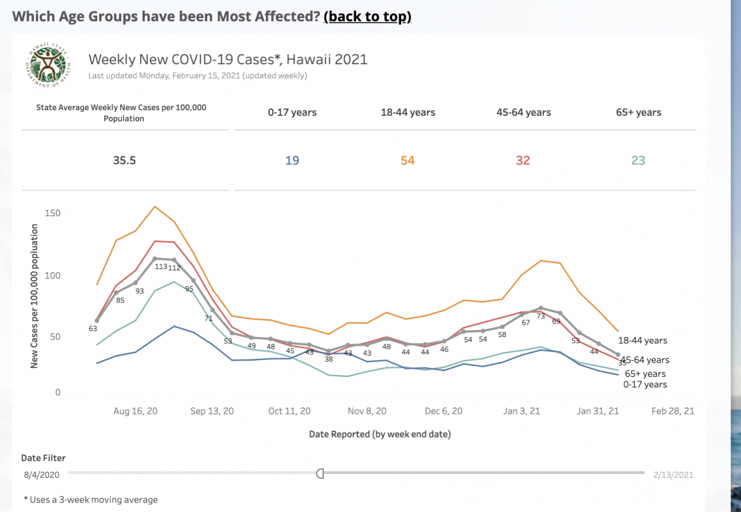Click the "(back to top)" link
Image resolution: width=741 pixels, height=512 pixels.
click(367, 16)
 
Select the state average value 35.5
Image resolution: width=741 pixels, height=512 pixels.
click(124, 161)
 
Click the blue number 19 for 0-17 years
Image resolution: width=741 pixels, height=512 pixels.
click(292, 161)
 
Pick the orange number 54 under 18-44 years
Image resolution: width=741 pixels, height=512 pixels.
click(407, 161)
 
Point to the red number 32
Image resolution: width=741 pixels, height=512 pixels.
click(523, 161)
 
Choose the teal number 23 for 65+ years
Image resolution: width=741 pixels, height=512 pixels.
click(638, 161)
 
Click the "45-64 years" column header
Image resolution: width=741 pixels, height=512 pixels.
click(523, 113)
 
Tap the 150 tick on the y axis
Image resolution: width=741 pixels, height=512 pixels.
click(53, 214)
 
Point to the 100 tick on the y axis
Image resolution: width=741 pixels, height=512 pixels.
click(53, 275)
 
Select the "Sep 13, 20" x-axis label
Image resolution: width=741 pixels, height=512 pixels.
click(212, 412)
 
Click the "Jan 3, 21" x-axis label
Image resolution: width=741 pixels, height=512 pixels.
click(521, 412)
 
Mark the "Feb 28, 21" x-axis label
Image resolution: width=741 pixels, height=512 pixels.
click(672, 412)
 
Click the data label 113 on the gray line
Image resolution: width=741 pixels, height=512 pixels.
click(160, 267)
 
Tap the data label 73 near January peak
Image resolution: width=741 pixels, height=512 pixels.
click(541, 316)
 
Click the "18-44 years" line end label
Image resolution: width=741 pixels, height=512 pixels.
click(642, 341)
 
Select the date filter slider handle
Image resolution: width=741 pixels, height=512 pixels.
click(320, 473)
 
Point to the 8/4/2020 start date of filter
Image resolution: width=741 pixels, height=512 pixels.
click(42, 475)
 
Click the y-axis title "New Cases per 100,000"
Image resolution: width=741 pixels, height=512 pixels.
click(34, 296)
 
